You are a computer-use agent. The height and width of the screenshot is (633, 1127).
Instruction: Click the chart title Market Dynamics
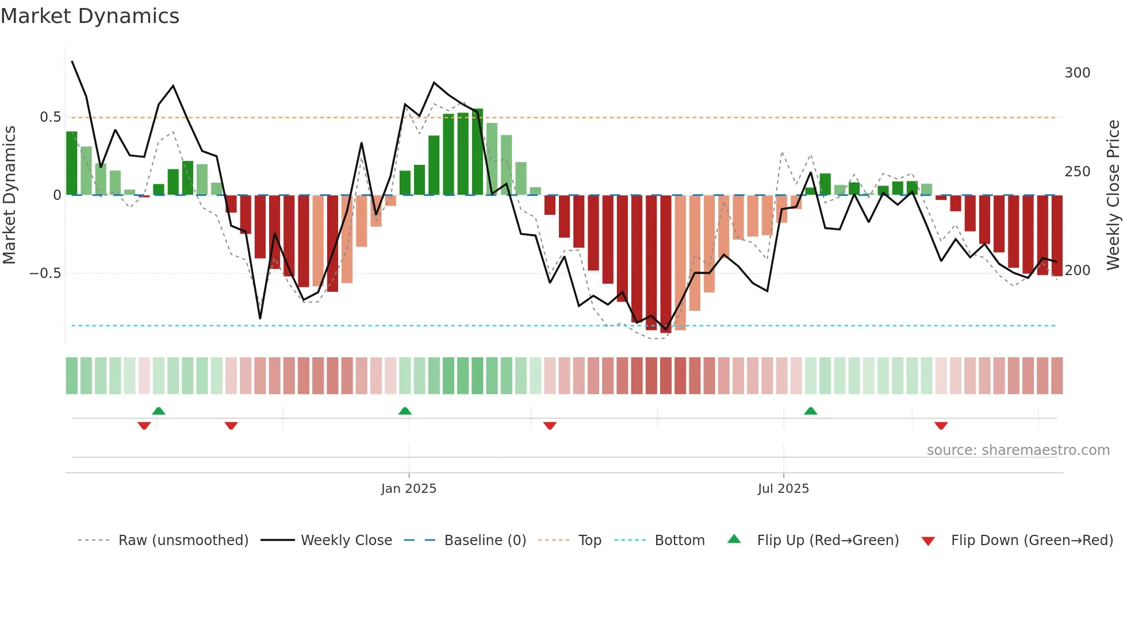pyautogui.click(x=90, y=16)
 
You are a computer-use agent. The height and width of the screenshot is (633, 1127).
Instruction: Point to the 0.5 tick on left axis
pyautogui.click(x=50, y=117)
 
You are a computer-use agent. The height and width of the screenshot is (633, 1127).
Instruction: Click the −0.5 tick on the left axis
pyautogui.click(x=45, y=273)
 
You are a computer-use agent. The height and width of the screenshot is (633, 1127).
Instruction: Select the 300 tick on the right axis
pyautogui.click(x=1077, y=73)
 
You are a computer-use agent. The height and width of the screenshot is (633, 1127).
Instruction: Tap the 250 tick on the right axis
pyautogui.click(x=1077, y=172)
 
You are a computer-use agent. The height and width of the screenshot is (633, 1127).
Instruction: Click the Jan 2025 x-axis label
pyautogui.click(x=408, y=489)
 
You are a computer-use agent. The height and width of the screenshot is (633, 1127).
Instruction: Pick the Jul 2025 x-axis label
pyautogui.click(x=783, y=489)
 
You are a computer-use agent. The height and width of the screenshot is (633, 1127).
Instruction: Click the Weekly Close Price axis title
pyautogui.click(x=1113, y=195)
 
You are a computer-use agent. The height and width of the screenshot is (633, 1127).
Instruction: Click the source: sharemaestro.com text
pyautogui.click(x=1018, y=450)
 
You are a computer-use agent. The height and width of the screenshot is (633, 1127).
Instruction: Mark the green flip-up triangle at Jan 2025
pyautogui.click(x=405, y=411)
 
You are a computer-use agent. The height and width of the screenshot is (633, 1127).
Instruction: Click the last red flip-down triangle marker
pyautogui.click(x=941, y=426)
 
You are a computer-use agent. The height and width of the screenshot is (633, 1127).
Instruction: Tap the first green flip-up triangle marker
pyautogui.click(x=159, y=411)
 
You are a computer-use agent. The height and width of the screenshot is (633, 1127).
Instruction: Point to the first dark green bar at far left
pyautogui.click(x=72, y=164)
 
